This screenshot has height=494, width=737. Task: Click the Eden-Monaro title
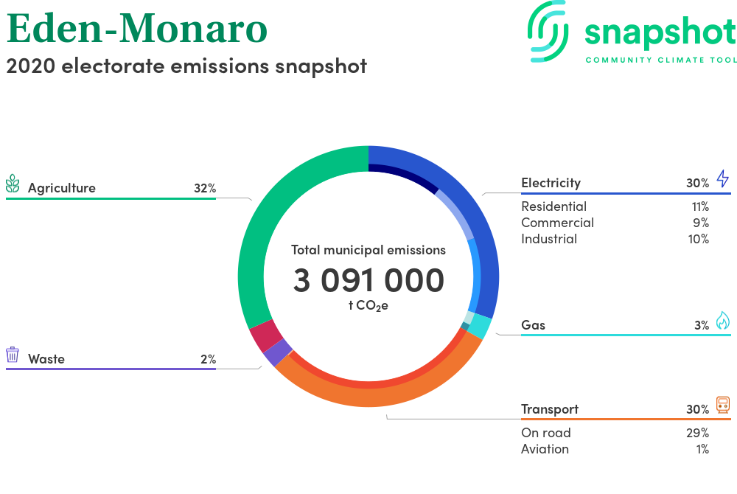(137, 29)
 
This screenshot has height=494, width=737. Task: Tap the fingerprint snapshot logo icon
(548, 31)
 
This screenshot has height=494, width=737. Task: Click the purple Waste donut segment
(277, 352)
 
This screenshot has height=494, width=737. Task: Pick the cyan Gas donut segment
(481, 326)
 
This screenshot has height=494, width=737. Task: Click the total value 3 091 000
(368, 281)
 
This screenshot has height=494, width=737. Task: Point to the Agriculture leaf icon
(13, 184)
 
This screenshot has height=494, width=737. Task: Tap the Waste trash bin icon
(13, 355)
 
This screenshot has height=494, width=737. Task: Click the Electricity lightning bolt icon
(723, 178)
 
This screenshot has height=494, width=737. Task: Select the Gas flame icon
(723, 321)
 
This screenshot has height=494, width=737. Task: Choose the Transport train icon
(723, 405)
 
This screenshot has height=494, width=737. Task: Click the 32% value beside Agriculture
(205, 188)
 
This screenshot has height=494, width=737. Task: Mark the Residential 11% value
(700, 206)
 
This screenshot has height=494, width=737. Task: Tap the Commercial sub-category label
(557, 223)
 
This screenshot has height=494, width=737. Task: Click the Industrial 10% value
(699, 239)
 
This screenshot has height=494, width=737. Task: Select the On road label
(545, 433)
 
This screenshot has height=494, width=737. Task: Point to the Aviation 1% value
(702, 449)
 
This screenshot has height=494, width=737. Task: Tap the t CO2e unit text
(368, 306)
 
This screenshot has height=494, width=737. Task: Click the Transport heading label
(550, 409)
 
